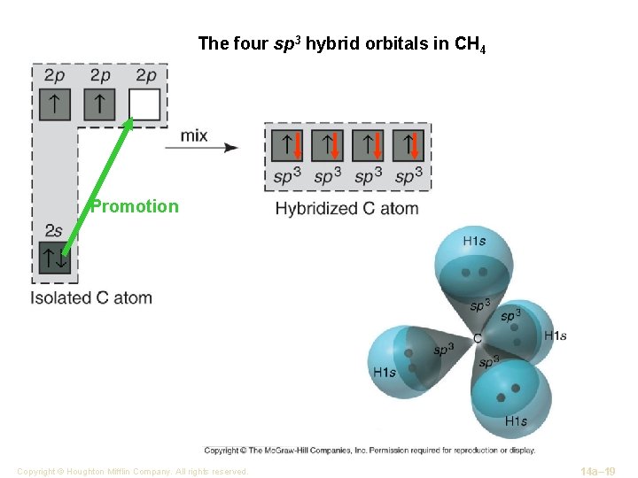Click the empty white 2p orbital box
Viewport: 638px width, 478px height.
(144, 104)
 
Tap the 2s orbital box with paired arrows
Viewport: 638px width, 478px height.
(53, 258)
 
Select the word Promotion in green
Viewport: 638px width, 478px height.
(135, 207)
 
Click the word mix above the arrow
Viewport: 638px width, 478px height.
(194, 135)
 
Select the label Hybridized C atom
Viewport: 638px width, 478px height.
(346, 209)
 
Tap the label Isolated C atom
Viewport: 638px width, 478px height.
(91, 298)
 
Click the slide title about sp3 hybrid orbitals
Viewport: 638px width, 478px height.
(341, 43)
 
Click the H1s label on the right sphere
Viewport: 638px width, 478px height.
(555, 335)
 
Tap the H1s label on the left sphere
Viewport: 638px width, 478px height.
(385, 373)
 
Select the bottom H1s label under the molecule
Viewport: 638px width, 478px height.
(515, 420)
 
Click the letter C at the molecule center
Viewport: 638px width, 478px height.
(478, 339)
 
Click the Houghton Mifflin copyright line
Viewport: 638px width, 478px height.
(132, 472)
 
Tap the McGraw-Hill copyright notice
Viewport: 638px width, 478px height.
(370, 450)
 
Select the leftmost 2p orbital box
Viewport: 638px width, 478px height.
(53, 104)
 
